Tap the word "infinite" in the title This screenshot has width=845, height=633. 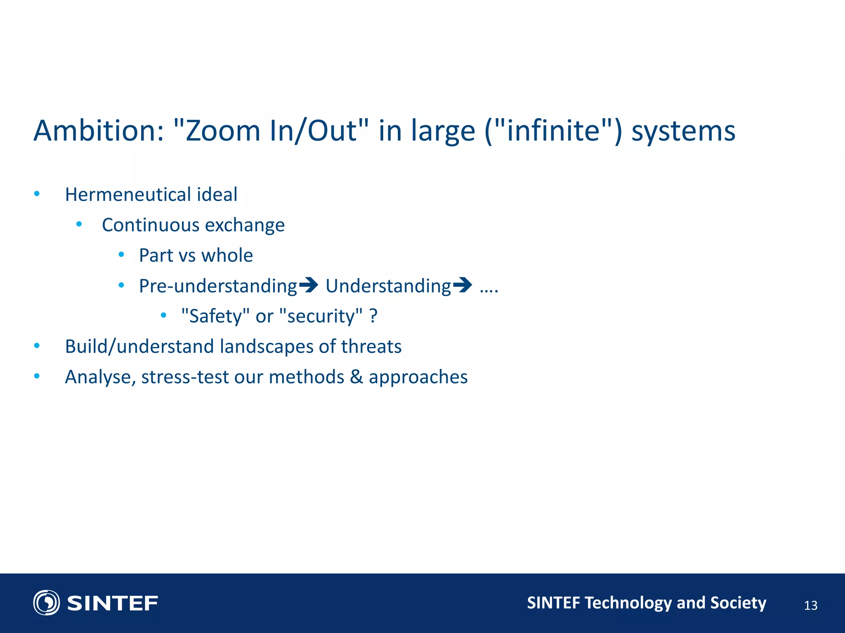point(553,131)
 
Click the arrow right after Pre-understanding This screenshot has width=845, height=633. point(308,285)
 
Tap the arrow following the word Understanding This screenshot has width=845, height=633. point(462,285)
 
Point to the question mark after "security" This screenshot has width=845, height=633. point(373,316)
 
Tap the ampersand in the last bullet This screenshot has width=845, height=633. point(356,377)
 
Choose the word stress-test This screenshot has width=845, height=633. point(185,377)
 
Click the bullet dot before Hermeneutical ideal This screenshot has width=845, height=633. point(37,194)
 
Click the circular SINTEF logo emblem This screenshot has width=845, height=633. point(46,603)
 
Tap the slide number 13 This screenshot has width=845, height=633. point(810,605)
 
